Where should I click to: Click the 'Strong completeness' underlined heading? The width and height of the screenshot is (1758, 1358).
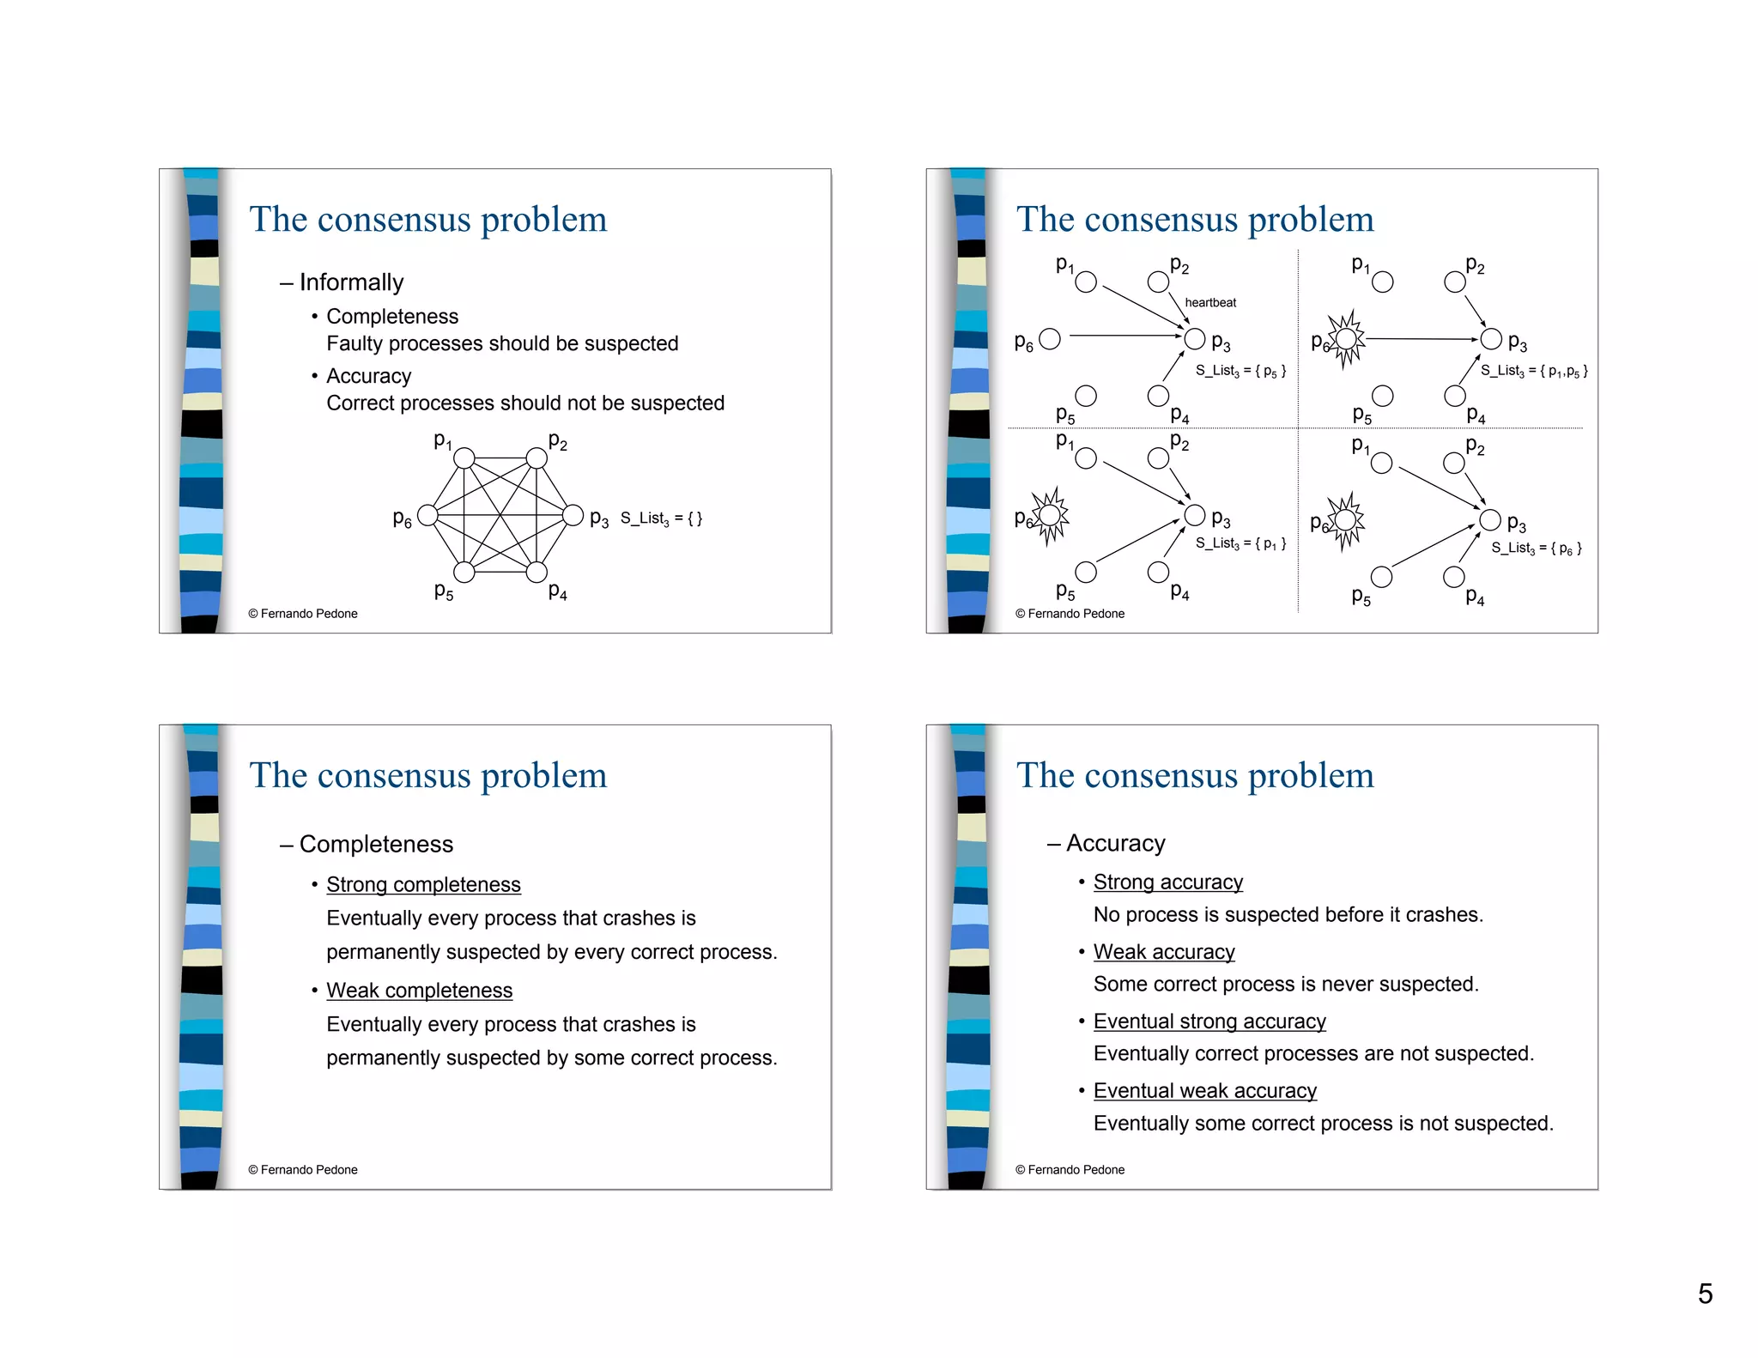pos(423,884)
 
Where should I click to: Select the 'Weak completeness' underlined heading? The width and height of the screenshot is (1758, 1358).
pos(419,990)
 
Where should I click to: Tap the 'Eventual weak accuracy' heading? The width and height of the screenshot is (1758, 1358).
pos(1204,1090)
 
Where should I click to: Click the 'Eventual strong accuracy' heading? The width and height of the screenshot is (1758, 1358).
pos(1209,1021)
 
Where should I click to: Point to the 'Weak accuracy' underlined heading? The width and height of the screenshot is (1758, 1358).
pos(1164,951)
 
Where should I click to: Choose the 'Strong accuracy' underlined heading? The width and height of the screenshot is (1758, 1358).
pos(1167,882)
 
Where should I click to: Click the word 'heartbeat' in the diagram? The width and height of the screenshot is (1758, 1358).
pos(1210,302)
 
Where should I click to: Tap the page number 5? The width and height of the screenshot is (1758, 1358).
pos(1705,1294)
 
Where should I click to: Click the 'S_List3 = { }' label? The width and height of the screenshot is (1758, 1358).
pos(661,518)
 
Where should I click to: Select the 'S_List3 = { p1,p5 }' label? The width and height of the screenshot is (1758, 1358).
pos(1534,371)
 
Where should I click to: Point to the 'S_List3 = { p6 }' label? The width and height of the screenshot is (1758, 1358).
pos(1536,548)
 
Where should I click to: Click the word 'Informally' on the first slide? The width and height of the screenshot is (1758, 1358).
pos(351,282)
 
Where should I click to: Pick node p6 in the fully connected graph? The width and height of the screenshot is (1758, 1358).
pos(427,515)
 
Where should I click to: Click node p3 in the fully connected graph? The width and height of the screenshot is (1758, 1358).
pos(573,515)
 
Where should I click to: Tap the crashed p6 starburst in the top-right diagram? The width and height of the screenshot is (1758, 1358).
pos(1347,339)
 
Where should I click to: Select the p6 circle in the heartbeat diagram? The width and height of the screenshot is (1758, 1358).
pos(1050,339)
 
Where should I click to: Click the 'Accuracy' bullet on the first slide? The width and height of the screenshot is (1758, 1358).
pos(368,376)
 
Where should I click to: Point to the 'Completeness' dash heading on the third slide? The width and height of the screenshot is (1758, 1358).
pos(376,844)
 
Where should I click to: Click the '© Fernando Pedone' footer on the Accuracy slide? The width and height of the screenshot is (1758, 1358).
pos(1070,1169)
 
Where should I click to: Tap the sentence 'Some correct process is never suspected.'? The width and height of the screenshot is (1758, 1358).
pos(1286,984)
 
